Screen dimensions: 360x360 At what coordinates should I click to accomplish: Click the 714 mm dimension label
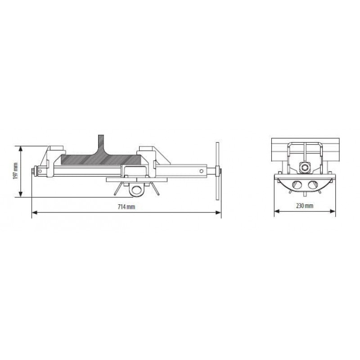[x=126, y=207]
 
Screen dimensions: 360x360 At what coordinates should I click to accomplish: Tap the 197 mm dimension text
[x=16, y=171]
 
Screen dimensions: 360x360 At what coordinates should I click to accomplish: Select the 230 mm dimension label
[x=305, y=206]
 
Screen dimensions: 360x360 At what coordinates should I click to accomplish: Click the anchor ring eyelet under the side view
[x=137, y=190]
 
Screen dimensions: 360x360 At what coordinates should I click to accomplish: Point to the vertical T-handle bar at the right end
[x=217, y=171]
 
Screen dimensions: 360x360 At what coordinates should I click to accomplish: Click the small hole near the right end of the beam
[x=201, y=171]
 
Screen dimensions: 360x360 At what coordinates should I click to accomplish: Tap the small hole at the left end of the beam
[x=40, y=171]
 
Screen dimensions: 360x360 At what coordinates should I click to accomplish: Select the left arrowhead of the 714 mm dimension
[x=35, y=212]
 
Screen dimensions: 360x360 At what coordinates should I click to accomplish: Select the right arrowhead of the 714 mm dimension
[x=218, y=212]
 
